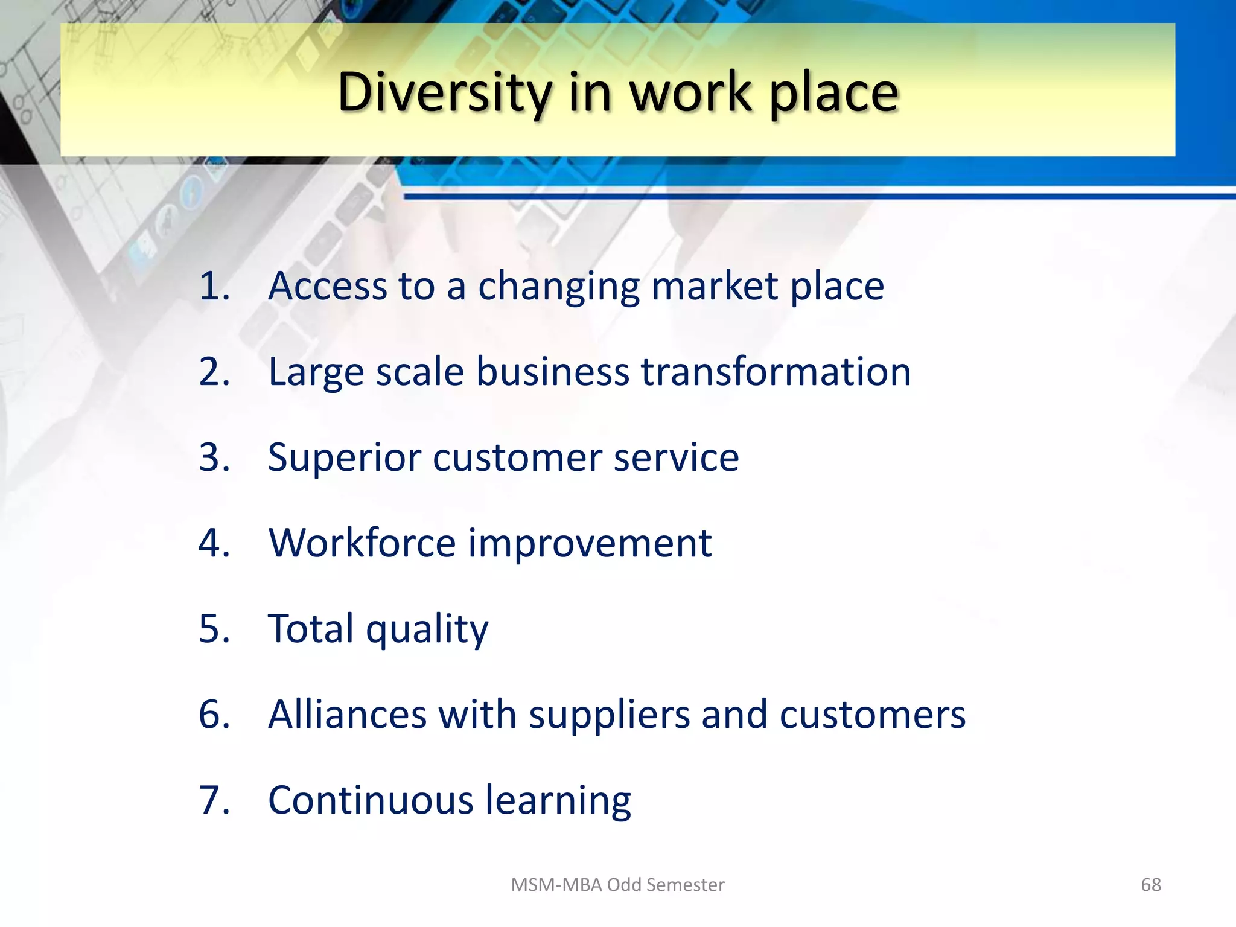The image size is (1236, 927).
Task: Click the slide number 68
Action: [1150, 885]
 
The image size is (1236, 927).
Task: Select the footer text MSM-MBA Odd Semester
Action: [617, 885]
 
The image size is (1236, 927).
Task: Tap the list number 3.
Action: [214, 457]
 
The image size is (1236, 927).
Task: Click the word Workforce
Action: [362, 543]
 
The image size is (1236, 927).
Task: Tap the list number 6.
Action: [214, 715]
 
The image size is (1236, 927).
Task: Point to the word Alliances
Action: [347, 715]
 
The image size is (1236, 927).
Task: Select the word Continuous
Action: [371, 800]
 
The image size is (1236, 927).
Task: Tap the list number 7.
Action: [214, 800]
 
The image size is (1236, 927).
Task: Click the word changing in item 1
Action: [558, 287]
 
